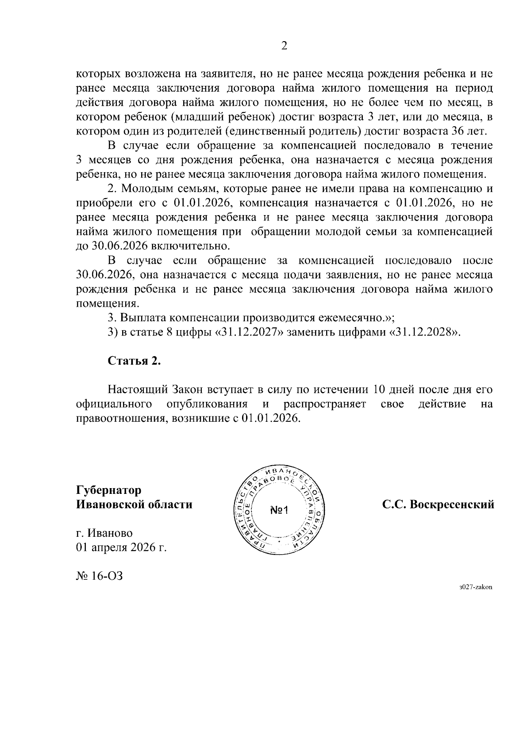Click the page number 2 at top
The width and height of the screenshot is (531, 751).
tap(284, 46)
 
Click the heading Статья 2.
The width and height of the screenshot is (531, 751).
tap(134, 361)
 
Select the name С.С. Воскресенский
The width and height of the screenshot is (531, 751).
tap(438, 505)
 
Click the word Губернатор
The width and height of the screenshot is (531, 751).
tap(109, 490)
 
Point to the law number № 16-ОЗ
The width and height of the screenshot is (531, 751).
tap(99, 576)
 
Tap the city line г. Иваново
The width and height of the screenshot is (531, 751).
tap(104, 533)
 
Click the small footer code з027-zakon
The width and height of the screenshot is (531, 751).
tap(475, 587)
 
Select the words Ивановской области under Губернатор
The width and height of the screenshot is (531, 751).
tap(134, 505)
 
